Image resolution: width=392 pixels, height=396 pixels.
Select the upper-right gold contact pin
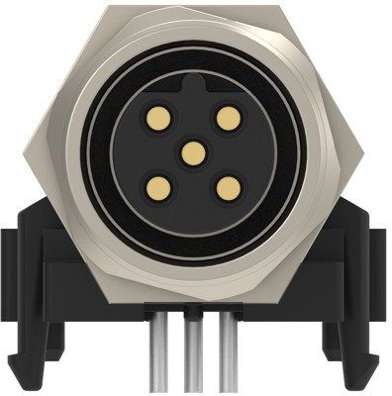point(229,118)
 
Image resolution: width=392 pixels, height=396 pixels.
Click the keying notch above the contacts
point(195,95)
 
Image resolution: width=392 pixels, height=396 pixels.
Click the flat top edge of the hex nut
point(195,7)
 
